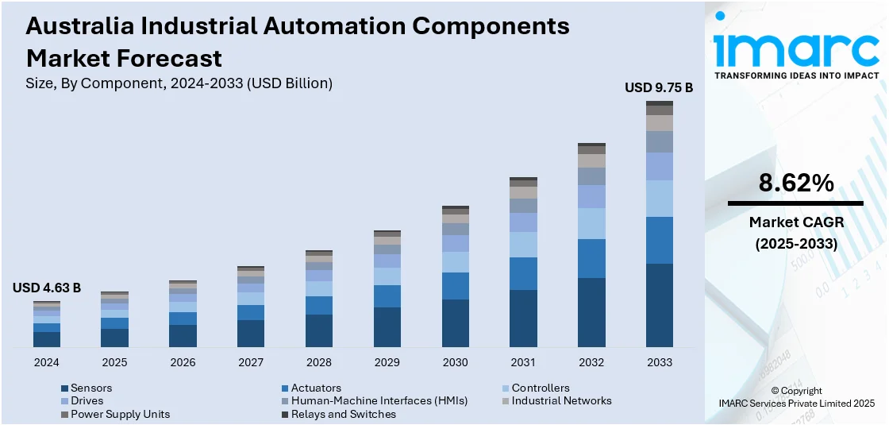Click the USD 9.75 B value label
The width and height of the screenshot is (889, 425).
(x=659, y=87)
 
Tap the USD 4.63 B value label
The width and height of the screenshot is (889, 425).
(x=47, y=288)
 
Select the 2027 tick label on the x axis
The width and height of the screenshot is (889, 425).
(x=251, y=362)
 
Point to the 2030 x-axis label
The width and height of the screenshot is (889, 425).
(x=455, y=362)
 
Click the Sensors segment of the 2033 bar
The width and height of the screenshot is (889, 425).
(x=659, y=305)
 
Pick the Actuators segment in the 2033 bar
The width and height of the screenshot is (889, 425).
(x=659, y=240)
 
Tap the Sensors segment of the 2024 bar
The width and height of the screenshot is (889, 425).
(x=47, y=339)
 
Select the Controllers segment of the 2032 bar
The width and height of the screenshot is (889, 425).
(x=591, y=223)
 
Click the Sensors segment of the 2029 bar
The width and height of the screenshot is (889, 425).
(x=387, y=326)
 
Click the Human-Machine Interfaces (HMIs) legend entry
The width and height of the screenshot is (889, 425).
(x=379, y=400)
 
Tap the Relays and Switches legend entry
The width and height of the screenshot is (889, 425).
(x=343, y=414)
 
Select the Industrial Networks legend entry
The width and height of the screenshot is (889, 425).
(x=561, y=400)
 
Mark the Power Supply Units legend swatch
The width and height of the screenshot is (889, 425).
(x=64, y=414)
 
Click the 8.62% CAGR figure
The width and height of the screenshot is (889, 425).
(x=796, y=184)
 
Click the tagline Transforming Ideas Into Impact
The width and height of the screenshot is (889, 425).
(x=796, y=75)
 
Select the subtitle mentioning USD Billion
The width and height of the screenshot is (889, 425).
(x=179, y=83)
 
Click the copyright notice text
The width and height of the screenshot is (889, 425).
(x=796, y=397)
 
